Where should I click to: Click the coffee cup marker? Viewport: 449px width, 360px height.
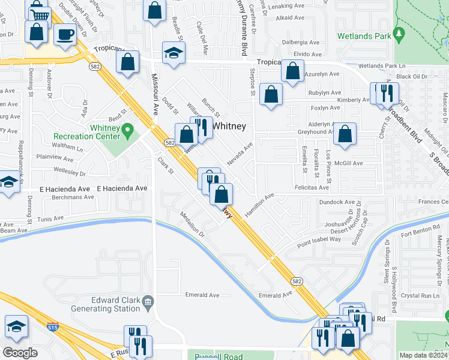pos(65,34)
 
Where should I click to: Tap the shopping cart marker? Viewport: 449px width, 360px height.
pos(40,13)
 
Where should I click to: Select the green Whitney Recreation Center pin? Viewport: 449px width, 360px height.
pos(127,130)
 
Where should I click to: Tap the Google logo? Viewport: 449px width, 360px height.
pos(20,353)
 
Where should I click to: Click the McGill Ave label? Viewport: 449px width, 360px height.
pos(350,163)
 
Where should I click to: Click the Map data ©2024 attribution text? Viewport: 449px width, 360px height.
pos(423,355)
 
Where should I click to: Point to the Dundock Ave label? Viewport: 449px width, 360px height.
pos(337,203)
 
